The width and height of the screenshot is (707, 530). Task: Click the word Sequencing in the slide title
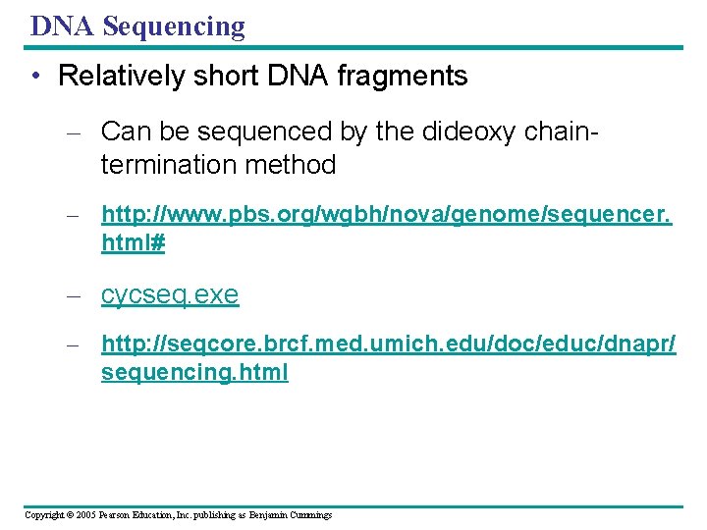174,26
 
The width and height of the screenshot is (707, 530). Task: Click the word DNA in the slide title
63,26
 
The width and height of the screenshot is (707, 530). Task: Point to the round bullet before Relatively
36,77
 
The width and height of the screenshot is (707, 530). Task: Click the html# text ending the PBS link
134,245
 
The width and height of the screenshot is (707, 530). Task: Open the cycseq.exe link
170,295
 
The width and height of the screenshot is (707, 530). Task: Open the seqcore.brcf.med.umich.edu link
388,344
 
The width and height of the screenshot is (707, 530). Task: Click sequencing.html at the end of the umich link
194,374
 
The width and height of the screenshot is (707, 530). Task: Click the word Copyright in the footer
46,514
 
